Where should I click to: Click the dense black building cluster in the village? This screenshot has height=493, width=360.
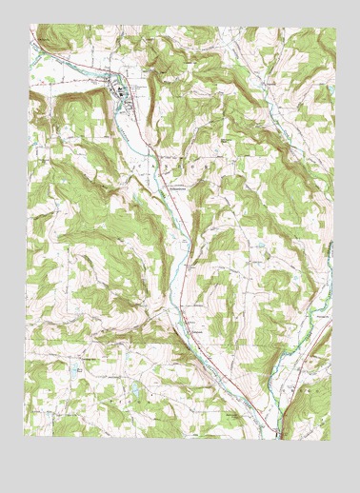(121, 91)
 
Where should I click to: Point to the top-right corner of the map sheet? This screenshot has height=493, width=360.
(336, 28)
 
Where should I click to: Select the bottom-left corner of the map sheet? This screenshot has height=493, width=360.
(25, 436)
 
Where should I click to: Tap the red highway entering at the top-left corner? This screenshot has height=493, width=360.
(35, 38)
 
